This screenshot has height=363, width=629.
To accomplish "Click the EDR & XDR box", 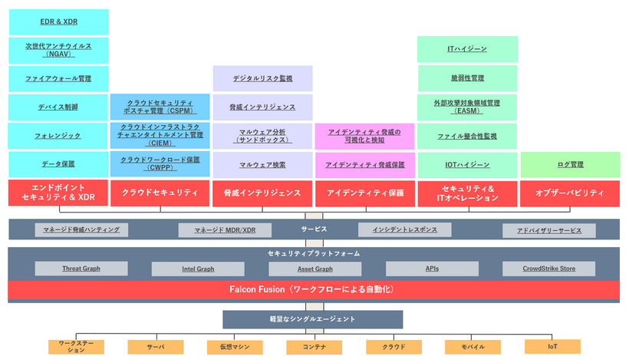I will (58, 21).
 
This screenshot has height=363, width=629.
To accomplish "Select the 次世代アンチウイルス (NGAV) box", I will (58, 50).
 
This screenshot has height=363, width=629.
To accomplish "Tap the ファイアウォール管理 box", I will (58, 78).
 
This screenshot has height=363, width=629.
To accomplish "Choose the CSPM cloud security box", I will (160, 107).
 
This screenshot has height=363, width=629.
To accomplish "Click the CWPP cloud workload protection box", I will (160, 163).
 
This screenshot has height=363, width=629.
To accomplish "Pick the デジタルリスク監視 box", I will (262, 78).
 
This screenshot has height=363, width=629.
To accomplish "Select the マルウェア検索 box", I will (262, 164).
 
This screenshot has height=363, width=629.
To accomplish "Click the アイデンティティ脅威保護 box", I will (364, 164).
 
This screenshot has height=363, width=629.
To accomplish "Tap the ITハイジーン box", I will (467, 50).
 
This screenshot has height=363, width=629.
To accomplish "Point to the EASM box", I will (467, 107).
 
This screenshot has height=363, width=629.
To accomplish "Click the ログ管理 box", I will (570, 164).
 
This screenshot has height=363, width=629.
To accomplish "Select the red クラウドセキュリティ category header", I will (160, 193).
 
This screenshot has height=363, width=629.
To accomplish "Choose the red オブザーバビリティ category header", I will (570, 193).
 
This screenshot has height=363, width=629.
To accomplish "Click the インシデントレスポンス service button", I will (405, 229).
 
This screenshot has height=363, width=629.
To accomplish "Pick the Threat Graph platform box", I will (81, 269).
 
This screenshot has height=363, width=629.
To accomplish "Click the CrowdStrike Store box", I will (548, 269).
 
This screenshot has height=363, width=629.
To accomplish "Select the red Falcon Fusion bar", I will (314, 290).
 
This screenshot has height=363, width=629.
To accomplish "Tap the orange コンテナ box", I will (314, 347).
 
